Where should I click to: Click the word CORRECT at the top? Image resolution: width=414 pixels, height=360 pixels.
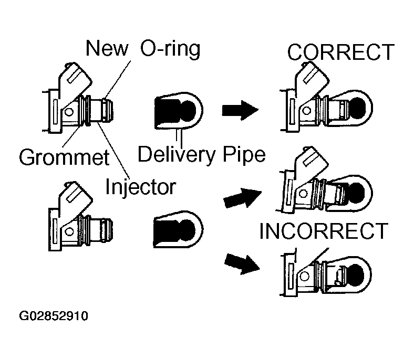340,52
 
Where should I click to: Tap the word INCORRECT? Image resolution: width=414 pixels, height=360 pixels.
324,231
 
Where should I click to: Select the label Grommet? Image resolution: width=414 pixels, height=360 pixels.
64,157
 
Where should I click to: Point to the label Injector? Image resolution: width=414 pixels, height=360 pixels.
140,187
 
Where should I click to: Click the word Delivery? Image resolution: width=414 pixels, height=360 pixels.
177,155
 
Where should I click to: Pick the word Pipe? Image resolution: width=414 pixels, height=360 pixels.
244,155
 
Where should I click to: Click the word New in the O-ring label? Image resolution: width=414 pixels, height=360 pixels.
107,48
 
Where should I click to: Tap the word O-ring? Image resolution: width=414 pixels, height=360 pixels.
170,49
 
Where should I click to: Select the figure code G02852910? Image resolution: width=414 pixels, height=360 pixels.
54,316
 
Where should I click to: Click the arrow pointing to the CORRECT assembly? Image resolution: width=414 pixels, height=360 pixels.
240,110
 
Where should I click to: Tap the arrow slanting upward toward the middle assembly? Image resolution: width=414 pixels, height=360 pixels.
242,198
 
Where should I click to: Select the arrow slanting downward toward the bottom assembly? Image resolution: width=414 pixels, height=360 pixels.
242,264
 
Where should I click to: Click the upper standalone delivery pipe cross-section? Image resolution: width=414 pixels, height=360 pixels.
179,111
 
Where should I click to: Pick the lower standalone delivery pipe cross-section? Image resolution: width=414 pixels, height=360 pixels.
178,229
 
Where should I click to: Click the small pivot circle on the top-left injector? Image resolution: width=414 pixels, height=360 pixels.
69,112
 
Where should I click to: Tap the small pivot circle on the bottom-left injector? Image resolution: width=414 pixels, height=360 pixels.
69,232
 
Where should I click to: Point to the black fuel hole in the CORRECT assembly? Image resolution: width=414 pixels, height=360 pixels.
357,109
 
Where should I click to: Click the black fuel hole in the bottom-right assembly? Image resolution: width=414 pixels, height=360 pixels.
356,276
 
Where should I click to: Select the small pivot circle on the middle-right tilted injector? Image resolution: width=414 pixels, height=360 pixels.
303,194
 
